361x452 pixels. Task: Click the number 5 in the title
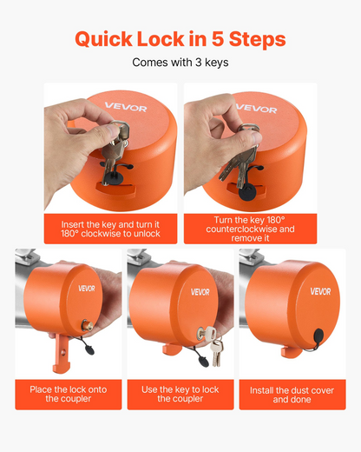[218, 39]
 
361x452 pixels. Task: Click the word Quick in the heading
[103, 39]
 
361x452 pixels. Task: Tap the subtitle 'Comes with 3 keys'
[180, 63]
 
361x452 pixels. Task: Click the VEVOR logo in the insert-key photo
[126, 107]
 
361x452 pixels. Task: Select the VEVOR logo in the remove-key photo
[256, 108]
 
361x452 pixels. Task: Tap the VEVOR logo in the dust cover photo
[320, 291]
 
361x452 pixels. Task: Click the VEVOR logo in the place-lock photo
[87, 289]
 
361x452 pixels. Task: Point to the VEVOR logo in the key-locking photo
[200, 292]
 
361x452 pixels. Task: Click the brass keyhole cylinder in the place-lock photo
[87, 325]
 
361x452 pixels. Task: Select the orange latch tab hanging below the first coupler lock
[61, 353]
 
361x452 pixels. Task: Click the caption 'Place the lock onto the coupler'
[69, 394]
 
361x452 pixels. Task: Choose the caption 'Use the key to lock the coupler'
[180, 394]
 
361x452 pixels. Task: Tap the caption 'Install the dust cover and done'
[292, 395]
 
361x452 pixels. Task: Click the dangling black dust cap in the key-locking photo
[203, 362]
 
